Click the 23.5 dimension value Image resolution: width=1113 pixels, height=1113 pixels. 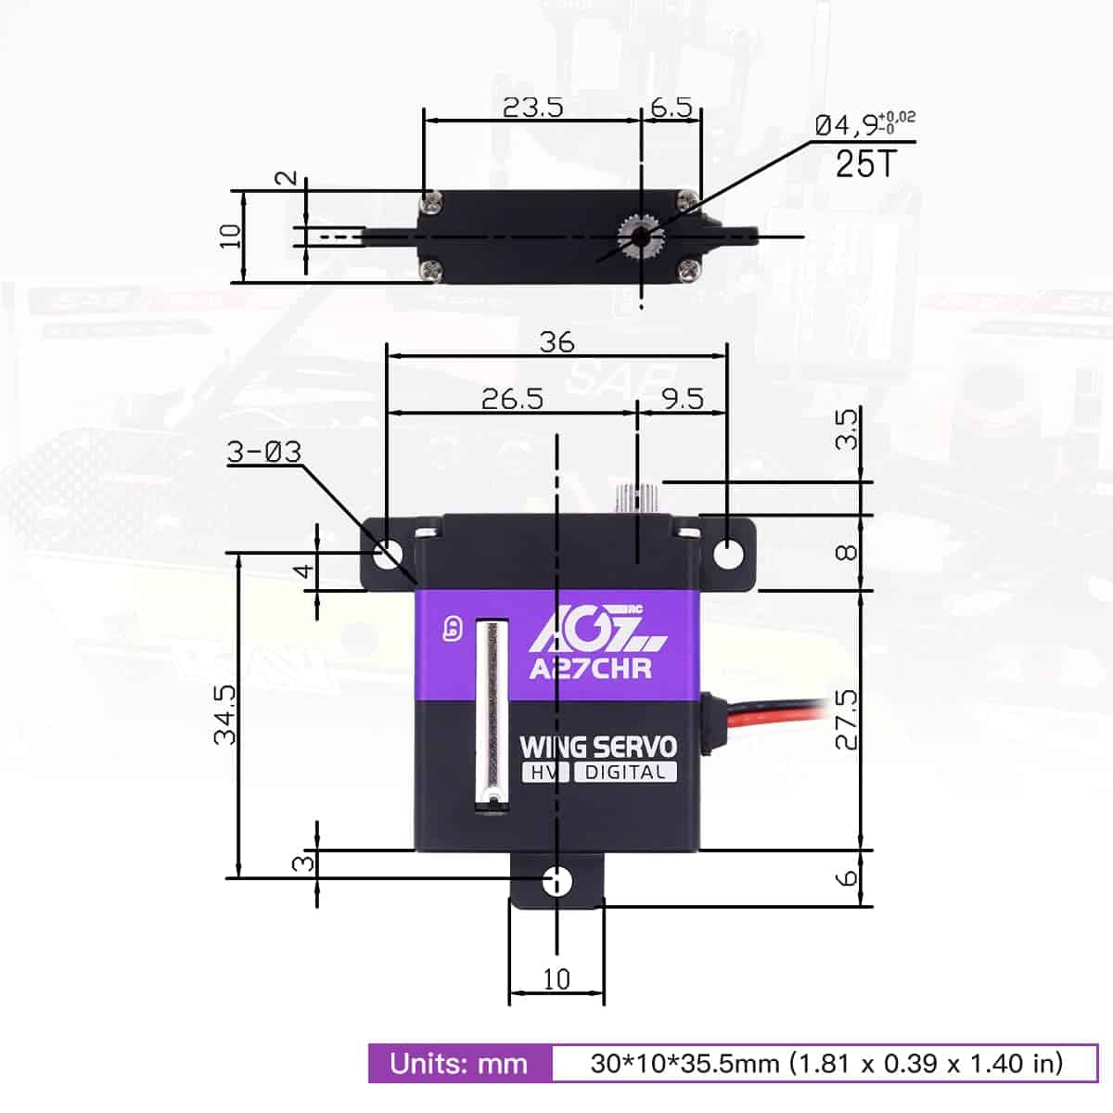pyautogui.click(x=532, y=107)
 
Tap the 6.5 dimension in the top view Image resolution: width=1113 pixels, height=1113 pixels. pyautogui.click(x=671, y=107)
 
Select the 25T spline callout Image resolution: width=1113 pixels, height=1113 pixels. pyautogui.click(x=865, y=164)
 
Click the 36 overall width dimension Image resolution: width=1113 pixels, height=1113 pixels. pyautogui.click(x=556, y=341)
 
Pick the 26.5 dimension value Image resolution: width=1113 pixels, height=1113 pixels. pyautogui.click(x=512, y=399)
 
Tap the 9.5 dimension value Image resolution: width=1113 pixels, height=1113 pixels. pyautogui.click(x=682, y=399)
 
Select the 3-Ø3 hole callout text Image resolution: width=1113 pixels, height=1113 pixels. pyautogui.click(x=264, y=452)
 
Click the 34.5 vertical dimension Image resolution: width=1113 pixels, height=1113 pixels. pyautogui.click(x=225, y=715)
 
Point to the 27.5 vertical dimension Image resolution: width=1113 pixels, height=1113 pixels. pyautogui.click(x=847, y=719)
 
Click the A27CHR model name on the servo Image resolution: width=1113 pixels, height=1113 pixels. pyautogui.click(x=590, y=668)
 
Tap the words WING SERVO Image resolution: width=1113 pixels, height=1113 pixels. pyautogui.click(x=598, y=747)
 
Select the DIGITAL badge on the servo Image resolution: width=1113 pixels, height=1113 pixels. pyautogui.click(x=625, y=773)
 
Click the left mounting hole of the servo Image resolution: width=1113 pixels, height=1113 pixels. pyautogui.click(x=389, y=554)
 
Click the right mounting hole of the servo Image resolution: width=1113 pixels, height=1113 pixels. pyautogui.click(x=729, y=554)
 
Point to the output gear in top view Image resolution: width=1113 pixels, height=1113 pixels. pyautogui.click(x=640, y=237)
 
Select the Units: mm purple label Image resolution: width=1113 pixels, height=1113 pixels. pyautogui.click(x=459, y=1063)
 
